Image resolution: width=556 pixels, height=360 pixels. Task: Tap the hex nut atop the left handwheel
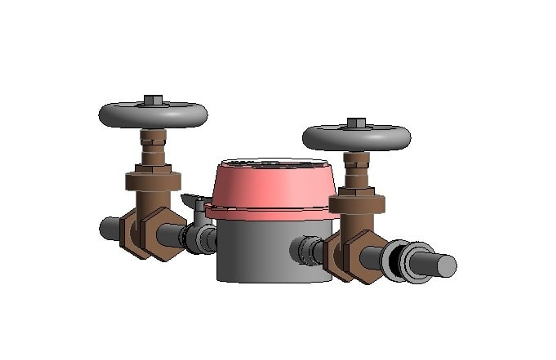[153, 100]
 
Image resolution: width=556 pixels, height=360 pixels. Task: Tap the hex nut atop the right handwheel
[356, 122]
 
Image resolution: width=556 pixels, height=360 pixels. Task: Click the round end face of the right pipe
[447, 265]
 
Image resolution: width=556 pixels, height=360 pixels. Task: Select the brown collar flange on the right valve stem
[357, 204]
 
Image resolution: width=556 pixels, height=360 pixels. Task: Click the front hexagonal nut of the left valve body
[163, 233]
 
